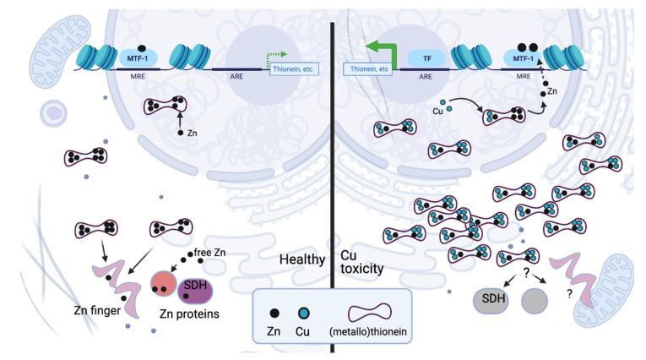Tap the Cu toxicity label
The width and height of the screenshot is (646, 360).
point(361,260)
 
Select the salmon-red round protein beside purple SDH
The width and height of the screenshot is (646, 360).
point(163,286)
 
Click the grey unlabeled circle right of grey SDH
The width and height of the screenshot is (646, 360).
point(537,301)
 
